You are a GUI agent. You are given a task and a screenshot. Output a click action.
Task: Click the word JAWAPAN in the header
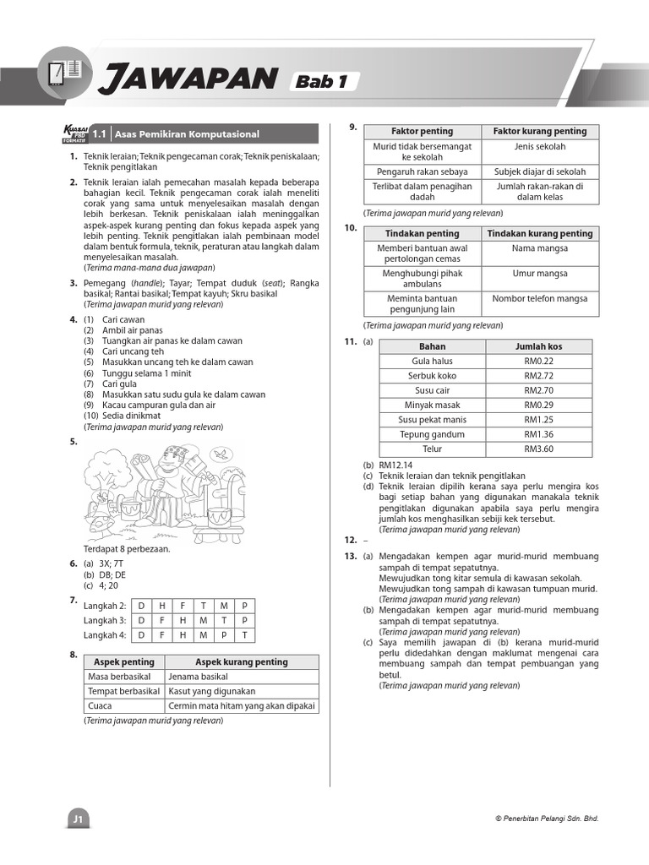point(188,80)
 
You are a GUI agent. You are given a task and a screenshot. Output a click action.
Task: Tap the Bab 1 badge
point(324,82)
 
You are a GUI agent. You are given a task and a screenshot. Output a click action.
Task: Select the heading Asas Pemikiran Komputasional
point(187,133)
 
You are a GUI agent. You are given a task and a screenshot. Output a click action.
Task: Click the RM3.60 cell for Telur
point(538,449)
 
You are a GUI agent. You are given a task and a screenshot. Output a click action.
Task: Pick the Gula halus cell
point(432,361)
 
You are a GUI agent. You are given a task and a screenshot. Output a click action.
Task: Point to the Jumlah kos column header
point(538,346)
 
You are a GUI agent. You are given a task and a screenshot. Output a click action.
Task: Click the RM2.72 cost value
point(538,376)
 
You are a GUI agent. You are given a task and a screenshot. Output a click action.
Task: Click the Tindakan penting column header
point(422,233)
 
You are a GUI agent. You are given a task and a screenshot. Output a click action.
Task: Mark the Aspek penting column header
point(125,662)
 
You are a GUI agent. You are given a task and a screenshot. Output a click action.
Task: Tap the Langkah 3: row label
point(105,620)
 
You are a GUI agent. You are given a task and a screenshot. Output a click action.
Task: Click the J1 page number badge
point(79,819)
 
